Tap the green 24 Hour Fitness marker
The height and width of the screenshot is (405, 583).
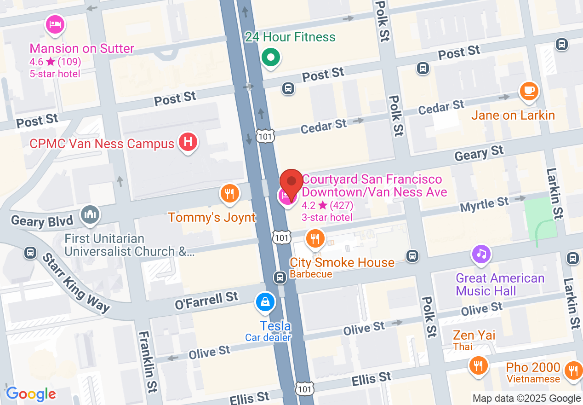pos(271,58)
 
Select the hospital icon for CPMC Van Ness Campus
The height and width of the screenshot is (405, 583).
pos(188,142)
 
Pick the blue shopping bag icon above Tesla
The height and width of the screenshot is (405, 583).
pos(266,302)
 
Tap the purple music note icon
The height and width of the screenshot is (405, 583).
pos(481,254)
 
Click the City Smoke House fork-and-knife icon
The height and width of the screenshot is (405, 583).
pos(315,238)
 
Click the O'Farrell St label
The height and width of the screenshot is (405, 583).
pos(207,300)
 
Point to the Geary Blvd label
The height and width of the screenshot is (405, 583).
pos(42,221)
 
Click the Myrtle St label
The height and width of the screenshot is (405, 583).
pos(485,204)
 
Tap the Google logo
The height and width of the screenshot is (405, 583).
pos(31,394)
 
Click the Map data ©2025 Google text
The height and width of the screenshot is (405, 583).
pos(527,399)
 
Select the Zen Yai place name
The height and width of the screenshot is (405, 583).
pos(474,335)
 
